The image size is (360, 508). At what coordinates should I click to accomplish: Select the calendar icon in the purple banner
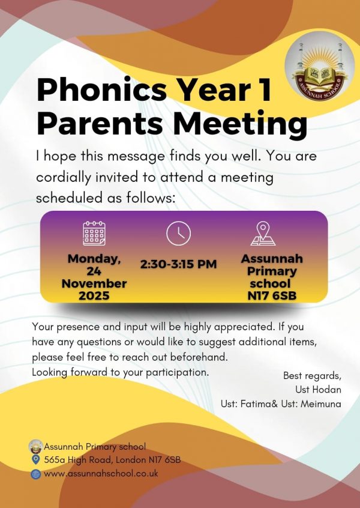click(94, 233)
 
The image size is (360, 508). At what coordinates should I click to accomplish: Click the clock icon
click(178, 233)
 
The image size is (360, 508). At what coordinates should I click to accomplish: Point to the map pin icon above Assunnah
click(263, 234)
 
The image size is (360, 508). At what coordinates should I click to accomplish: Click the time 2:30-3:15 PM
click(178, 264)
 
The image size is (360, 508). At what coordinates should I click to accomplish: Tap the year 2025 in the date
click(94, 295)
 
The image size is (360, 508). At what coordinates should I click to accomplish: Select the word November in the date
click(94, 283)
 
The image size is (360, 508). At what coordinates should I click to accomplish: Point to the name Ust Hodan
click(322, 390)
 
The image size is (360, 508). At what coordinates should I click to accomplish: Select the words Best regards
click(312, 376)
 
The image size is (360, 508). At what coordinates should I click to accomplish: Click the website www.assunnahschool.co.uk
click(101, 474)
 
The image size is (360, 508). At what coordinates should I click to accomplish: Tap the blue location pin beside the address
click(35, 460)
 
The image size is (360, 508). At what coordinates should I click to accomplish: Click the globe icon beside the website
click(35, 474)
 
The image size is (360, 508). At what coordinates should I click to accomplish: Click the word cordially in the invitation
click(64, 178)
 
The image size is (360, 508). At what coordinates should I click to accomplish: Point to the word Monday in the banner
click(94, 259)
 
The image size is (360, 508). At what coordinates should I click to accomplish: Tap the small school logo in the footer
click(35, 446)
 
